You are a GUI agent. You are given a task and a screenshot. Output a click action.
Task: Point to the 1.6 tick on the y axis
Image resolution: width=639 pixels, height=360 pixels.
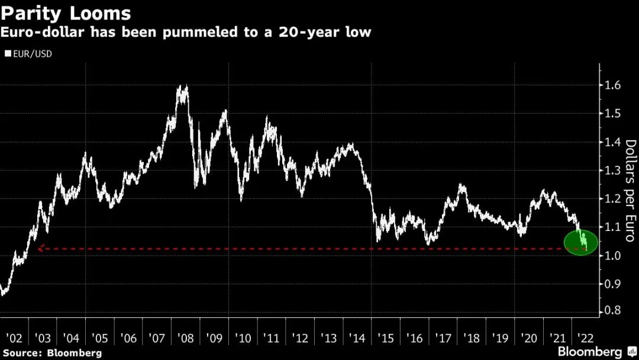612,86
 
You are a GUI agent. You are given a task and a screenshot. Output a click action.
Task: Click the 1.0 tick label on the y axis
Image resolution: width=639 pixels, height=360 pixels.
612,256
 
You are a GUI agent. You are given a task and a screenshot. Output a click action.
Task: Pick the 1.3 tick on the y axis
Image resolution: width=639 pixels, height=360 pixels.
612,171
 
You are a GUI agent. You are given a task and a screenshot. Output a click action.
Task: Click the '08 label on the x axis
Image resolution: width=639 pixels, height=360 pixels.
185,338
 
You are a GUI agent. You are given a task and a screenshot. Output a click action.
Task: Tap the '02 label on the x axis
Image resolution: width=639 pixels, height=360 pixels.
14,338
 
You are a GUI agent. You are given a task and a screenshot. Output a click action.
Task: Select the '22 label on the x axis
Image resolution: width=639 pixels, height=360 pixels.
585,338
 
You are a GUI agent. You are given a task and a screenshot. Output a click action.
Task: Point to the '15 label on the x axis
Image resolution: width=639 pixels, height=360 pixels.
385,338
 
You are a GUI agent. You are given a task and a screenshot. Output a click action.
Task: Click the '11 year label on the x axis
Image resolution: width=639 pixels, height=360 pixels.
271,338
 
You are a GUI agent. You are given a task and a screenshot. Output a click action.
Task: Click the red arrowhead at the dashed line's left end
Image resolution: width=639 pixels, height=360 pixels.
40,249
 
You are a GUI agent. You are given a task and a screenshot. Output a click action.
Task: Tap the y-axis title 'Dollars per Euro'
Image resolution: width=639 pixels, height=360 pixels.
631,191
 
